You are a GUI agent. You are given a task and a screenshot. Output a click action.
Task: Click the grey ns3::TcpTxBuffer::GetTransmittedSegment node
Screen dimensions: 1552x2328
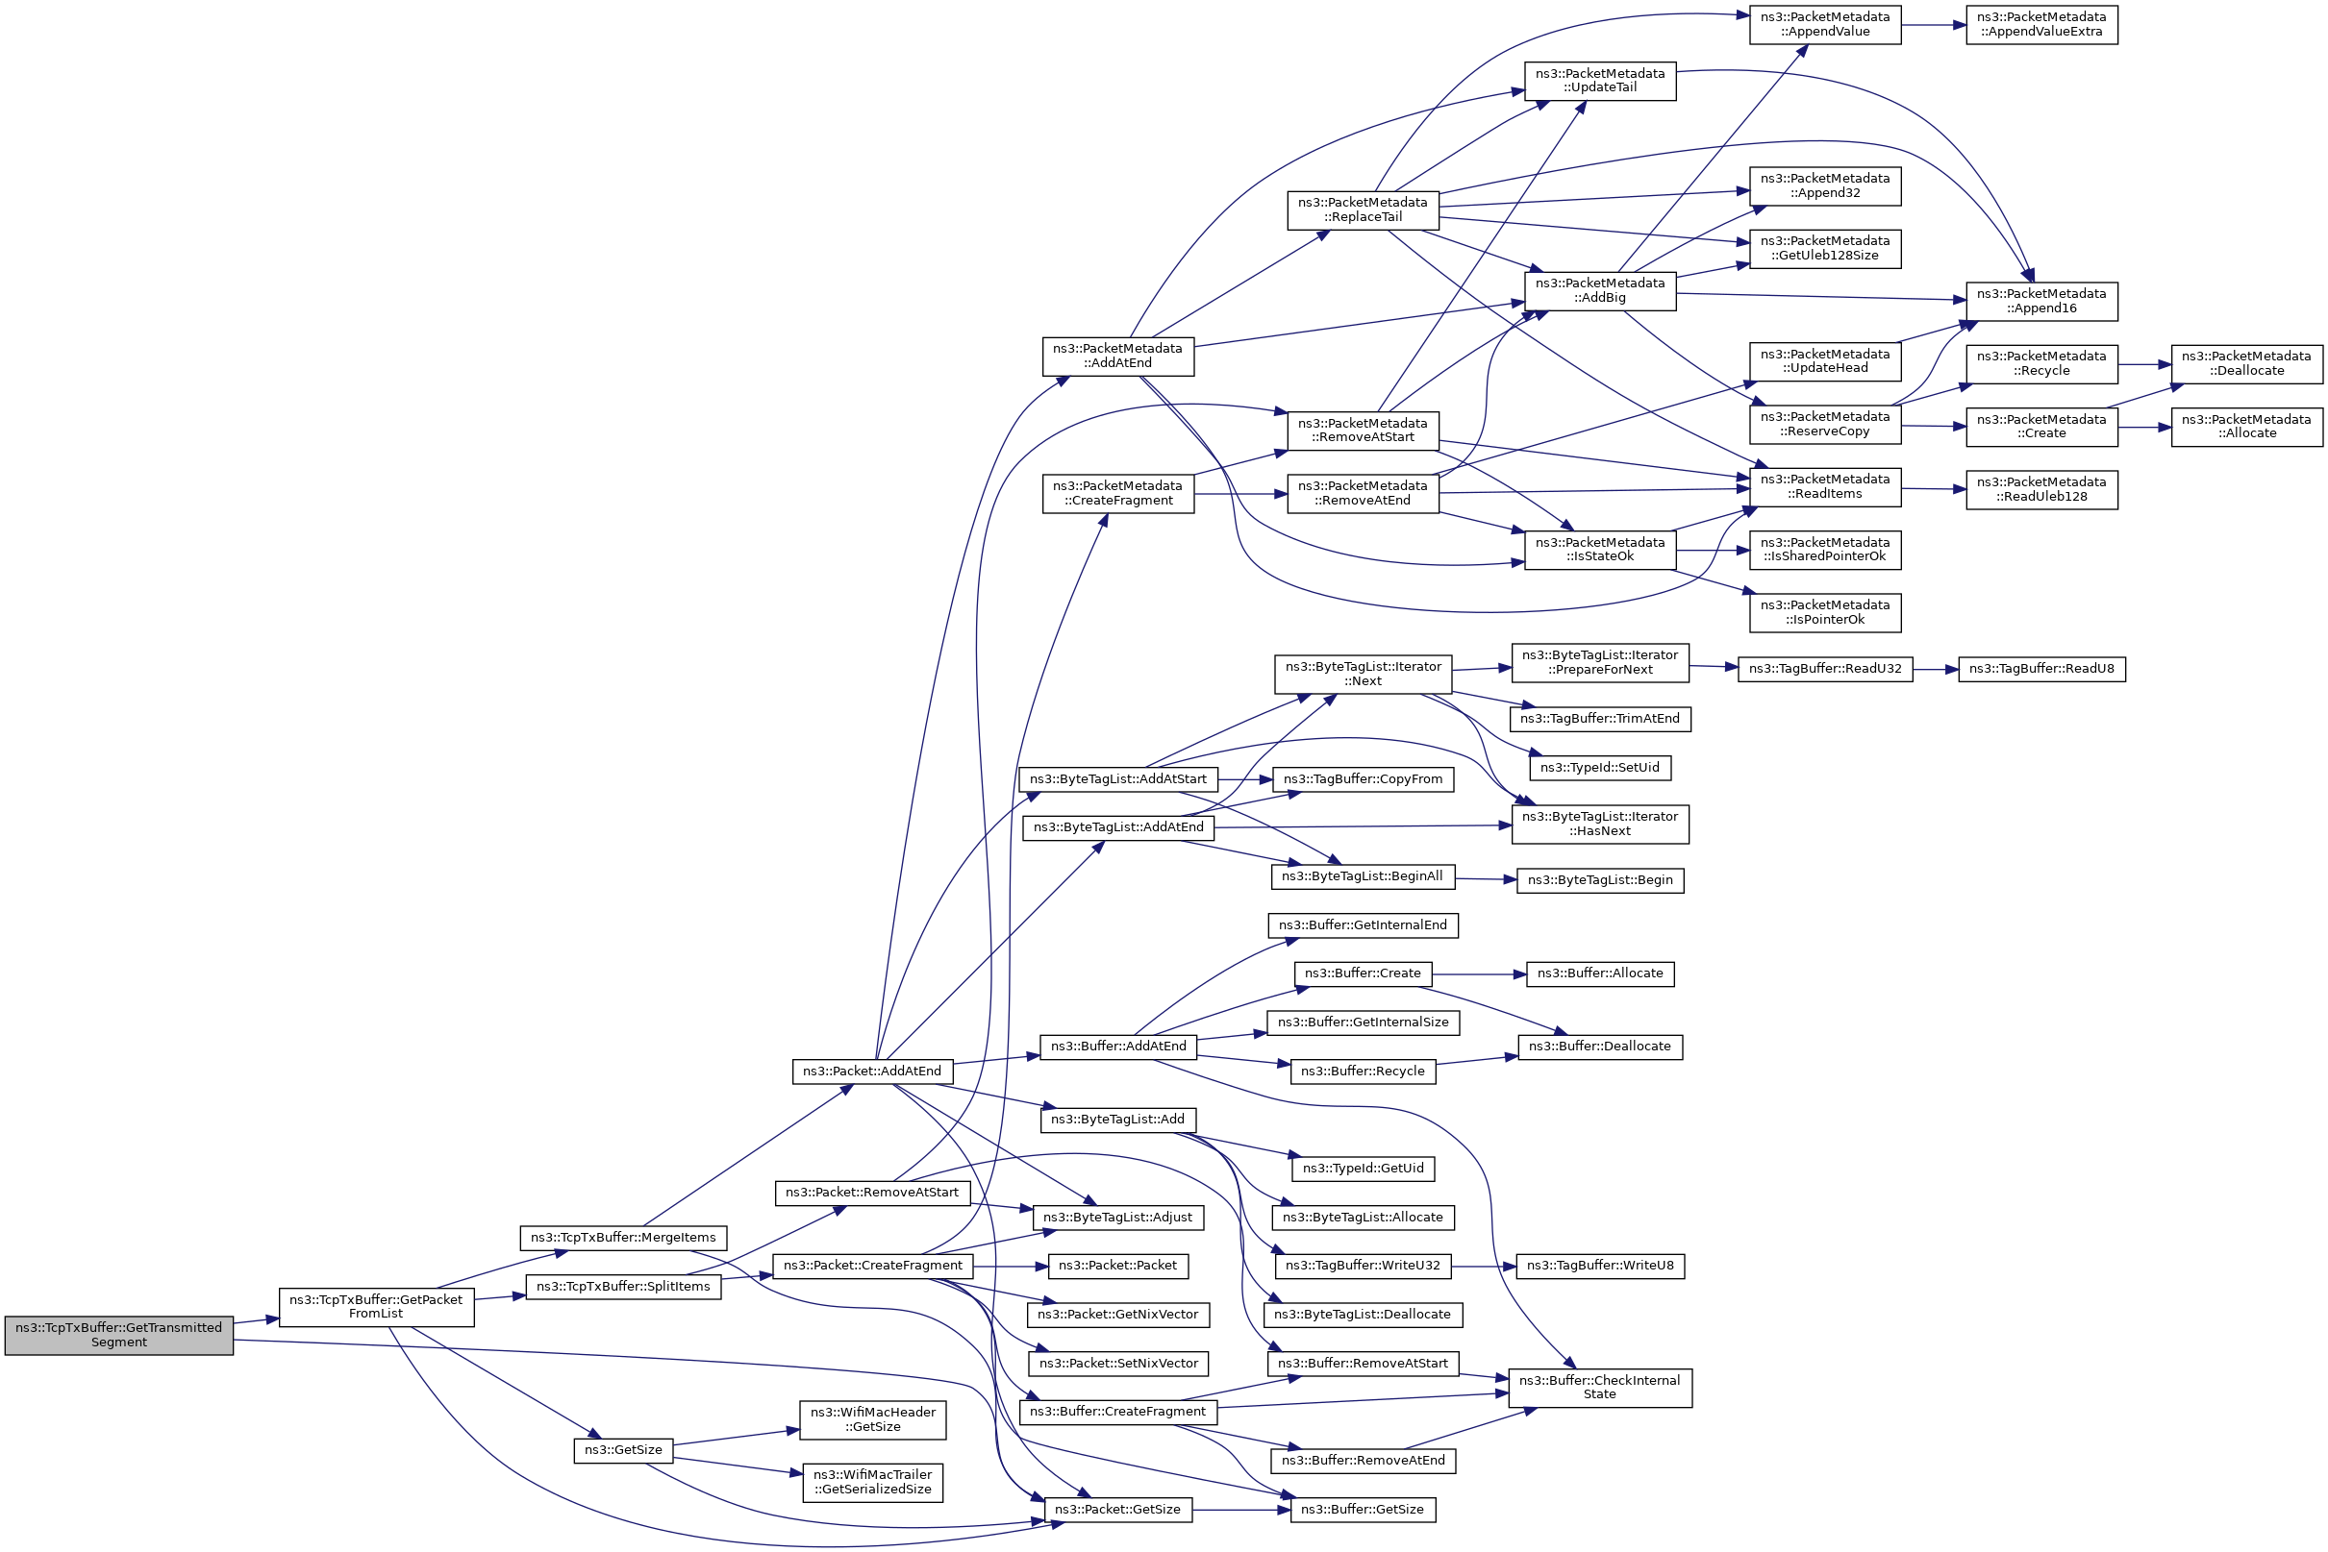tap(119, 1334)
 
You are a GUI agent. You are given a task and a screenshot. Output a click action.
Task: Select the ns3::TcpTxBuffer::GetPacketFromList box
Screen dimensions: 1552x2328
tap(376, 1307)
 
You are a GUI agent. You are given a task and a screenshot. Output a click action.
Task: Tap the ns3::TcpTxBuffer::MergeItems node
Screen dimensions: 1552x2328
tap(623, 1237)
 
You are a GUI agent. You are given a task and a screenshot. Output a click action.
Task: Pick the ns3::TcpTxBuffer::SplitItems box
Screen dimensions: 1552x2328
tap(623, 1287)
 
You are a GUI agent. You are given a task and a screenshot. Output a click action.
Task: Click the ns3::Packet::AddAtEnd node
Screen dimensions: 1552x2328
tap(871, 1071)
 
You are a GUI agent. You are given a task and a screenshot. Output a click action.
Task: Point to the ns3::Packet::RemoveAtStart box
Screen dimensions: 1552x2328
tap(871, 1193)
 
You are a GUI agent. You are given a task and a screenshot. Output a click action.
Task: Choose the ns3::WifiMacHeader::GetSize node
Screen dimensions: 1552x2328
tap(871, 1419)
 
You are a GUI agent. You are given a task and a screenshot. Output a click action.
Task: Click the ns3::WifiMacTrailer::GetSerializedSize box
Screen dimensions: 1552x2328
tap(871, 1482)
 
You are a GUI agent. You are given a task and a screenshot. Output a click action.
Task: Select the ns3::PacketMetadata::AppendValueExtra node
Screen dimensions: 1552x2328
tap(2040, 24)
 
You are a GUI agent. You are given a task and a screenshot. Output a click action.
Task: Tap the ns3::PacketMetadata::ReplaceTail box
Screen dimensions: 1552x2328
tap(1363, 209)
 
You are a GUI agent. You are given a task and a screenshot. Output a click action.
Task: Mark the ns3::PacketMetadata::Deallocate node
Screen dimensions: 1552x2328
tap(2246, 363)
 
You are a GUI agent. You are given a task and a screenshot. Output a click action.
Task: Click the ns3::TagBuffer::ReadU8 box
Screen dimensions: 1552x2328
tap(2040, 669)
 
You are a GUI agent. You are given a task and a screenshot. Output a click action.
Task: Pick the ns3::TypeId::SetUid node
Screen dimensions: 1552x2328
tap(1599, 767)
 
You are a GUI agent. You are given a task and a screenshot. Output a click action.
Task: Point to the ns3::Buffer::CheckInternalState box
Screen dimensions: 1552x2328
tap(1599, 1388)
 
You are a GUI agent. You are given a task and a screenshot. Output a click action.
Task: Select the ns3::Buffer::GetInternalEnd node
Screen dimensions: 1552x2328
tap(1363, 924)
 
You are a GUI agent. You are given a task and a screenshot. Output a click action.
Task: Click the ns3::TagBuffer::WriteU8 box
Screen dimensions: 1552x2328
tap(1599, 1266)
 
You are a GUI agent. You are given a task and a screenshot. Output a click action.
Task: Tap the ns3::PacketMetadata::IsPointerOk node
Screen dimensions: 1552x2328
tap(1825, 613)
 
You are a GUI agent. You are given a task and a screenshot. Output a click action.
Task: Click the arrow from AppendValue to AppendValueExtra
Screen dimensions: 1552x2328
tap(1933, 25)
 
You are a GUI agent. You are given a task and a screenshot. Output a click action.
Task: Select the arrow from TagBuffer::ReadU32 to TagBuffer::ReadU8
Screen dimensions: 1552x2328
tap(1935, 669)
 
